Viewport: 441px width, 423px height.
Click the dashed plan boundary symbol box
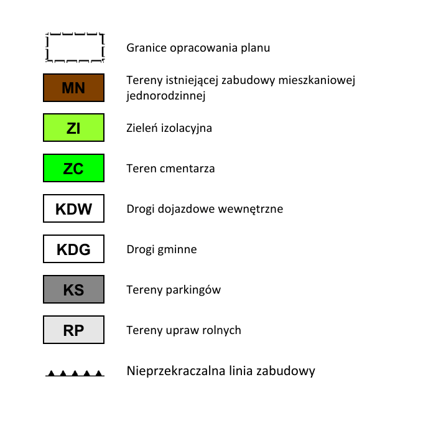(x=74, y=47)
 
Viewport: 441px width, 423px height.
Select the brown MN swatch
(x=73, y=88)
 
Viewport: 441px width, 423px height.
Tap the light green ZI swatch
(x=73, y=128)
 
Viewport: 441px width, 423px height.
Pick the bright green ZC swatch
(x=73, y=169)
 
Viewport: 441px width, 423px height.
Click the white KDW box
(x=73, y=209)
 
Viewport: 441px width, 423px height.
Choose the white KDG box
(x=73, y=249)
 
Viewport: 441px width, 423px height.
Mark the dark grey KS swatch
(x=73, y=290)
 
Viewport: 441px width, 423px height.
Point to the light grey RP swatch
(x=73, y=330)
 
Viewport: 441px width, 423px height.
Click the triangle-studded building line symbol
(x=75, y=373)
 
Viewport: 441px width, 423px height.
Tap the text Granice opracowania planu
(x=198, y=48)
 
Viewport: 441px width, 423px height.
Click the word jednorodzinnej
(x=165, y=96)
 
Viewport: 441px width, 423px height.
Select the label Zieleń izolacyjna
(x=169, y=128)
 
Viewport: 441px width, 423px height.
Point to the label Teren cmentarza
(x=170, y=169)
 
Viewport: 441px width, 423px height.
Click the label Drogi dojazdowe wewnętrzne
(x=205, y=209)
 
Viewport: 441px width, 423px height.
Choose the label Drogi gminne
(x=162, y=249)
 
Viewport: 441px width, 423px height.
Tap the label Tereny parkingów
(x=174, y=290)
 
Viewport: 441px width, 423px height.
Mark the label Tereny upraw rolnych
(x=183, y=330)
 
